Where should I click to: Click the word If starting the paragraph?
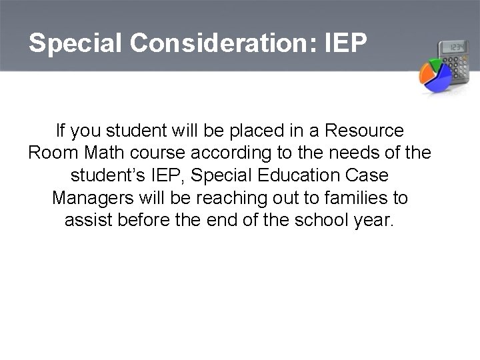[x=61, y=129]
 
